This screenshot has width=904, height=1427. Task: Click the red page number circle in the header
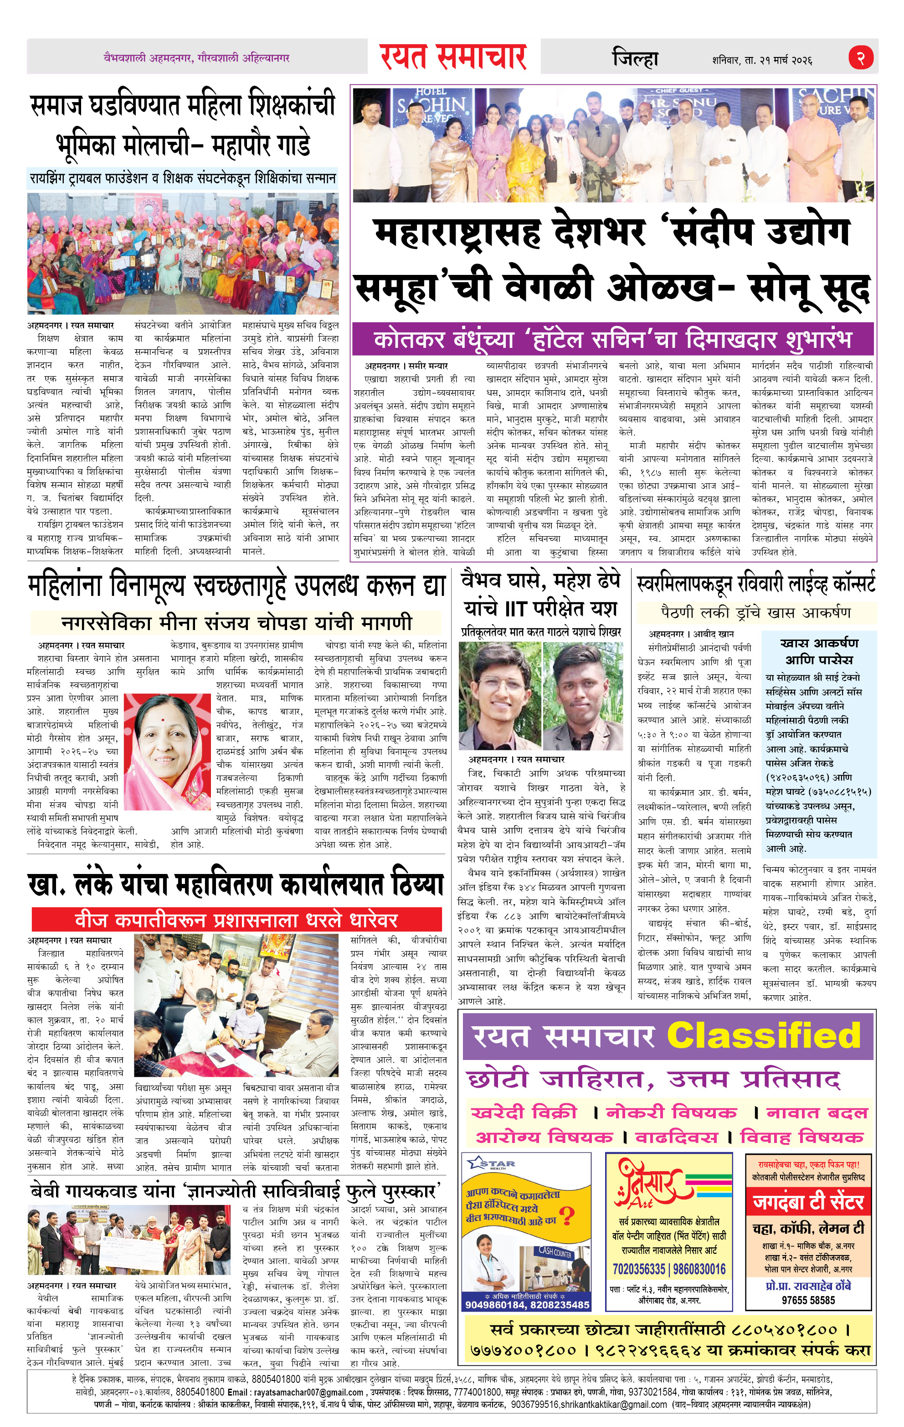(861, 57)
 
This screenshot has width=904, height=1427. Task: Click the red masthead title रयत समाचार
(453, 57)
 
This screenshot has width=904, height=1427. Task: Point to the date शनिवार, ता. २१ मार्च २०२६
(762, 60)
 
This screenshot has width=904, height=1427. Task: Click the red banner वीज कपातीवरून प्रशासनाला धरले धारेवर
(236, 920)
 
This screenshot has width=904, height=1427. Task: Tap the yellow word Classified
(764, 1035)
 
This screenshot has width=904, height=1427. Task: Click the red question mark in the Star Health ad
(567, 1217)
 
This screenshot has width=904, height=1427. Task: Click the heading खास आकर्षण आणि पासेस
(819, 651)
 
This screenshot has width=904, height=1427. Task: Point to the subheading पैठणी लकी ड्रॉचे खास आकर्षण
(755, 612)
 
